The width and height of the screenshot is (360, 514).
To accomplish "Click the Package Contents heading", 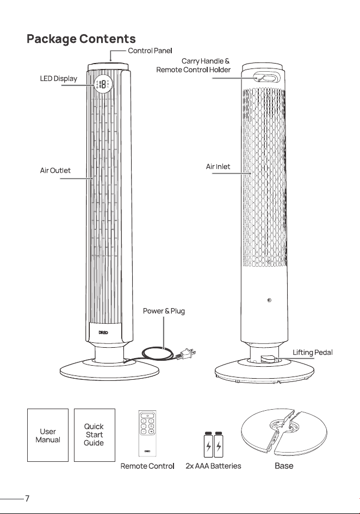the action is coord(81,39).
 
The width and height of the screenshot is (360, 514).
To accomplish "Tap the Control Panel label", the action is coord(150,51).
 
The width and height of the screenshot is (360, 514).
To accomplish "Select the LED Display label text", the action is coord(59,79).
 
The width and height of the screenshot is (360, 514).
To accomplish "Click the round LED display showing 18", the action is coord(103,85).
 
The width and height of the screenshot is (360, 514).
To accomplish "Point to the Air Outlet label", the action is coord(55,171).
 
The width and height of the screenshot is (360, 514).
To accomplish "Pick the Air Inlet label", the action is coord(218,166).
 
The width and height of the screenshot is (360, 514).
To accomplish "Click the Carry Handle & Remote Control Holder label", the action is coord(193,65).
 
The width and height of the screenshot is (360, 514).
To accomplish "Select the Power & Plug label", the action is coord(164,311).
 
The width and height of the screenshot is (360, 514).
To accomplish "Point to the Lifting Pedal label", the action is coord(312,353).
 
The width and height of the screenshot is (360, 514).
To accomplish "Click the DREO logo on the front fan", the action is coord(103,333).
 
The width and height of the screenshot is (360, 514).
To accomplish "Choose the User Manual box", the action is coord(48,435).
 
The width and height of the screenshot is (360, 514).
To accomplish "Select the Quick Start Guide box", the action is coord(95,435).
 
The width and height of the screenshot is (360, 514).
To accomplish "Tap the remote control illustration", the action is coord(147,433).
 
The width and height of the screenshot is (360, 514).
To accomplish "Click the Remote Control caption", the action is coord(147,466).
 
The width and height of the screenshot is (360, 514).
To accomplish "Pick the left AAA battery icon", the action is coord(208,444).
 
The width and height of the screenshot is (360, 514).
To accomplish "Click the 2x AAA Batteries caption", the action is coord(213,466).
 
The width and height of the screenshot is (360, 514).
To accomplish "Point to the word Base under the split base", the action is coord(284,466).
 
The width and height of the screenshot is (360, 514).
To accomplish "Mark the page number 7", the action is coord(27,499).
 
